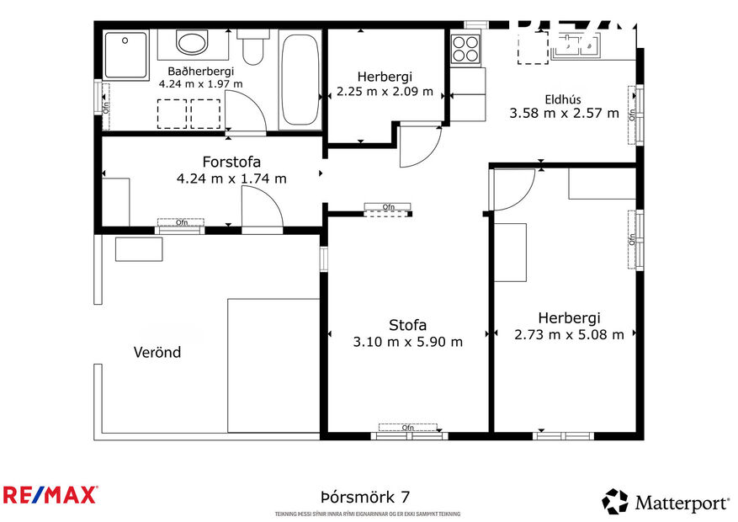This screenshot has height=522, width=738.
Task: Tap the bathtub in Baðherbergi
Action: [x=300, y=80]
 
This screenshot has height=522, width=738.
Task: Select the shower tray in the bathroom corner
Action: [x=125, y=52]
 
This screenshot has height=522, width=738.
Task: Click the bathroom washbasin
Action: [x=194, y=43]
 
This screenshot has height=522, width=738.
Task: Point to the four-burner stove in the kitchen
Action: [x=465, y=48]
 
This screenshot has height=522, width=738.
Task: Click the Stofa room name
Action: [x=407, y=325]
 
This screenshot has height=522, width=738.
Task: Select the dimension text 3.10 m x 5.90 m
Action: [x=407, y=342]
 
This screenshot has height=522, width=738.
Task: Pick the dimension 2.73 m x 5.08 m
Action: [x=569, y=334]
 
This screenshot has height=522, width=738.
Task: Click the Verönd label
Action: [x=157, y=352]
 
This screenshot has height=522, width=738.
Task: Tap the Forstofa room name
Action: [x=231, y=162]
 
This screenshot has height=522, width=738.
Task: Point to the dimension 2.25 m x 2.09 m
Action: [x=385, y=91]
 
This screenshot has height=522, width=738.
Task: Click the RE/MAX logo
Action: [x=50, y=494]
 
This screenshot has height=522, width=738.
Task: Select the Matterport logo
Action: [x=665, y=503]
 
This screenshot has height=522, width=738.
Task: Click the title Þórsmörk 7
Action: [x=365, y=498]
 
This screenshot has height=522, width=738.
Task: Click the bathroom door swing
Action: [x=245, y=114]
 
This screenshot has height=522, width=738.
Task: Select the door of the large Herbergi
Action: [x=513, y=189]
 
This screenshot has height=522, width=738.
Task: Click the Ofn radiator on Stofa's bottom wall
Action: [x=408, y=428]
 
